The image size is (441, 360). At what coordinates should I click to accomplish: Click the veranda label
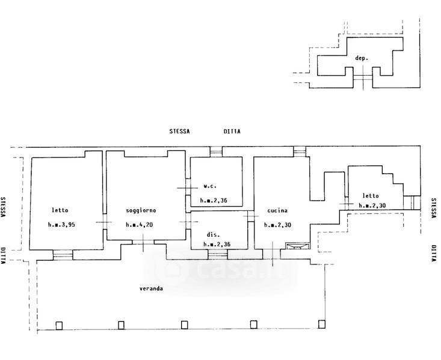pyautogui.click(x=152, y=288)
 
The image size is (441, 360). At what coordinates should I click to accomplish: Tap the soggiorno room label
pyautogui.click(x=141, y=210)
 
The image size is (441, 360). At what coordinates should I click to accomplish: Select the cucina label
pyautogui.click(x=277, y=210)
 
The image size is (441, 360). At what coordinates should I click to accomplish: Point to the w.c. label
pyautogui.click(x=210, y=186)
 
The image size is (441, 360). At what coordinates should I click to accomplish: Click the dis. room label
pyautogui.click(x=213, y=234)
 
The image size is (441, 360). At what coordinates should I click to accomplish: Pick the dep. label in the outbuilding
pyautogui.click(x=362, y=58)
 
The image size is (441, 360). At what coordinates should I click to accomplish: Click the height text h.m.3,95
pyautogui.click(x=61, y=225)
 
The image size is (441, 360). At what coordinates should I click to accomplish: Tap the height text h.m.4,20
pyautogui.click(x=140, y=225)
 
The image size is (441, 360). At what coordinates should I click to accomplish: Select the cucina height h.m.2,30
pyautogui.click(x=277, y=225)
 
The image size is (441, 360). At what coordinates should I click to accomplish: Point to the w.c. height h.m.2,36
pyautogui.click(x=214, y=200)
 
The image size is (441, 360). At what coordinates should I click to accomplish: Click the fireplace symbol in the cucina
pyautogui.click(x=298, y=246)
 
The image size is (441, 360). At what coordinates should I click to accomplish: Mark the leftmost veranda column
pyautogui.click(x=59, y=325)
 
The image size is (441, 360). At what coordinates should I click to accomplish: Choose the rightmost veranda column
pyautogui.click(x=322, y=324)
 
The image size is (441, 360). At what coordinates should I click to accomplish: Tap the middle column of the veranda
pyautogui.click(x=185, y=325)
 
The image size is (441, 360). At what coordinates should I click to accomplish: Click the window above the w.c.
pyautogui.click(x=216, y=151)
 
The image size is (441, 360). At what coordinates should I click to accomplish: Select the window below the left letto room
pyautogui.click(x=63, y=255)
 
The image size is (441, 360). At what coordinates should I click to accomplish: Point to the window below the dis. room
pyautogui.click(x=218, y=255)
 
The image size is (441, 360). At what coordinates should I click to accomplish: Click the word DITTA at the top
pyautogui.click(x=232, y=131)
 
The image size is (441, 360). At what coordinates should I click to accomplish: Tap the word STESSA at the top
pyautogui.click(x=179, y=131)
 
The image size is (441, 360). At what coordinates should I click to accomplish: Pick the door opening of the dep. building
pyautogui.click(x=363, y=78)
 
